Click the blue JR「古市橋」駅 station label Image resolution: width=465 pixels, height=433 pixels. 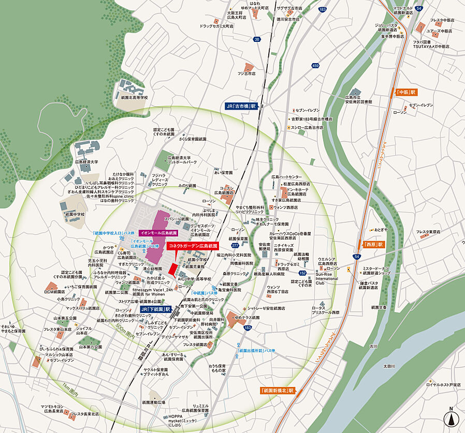pyautogui.click(x=241, y=106)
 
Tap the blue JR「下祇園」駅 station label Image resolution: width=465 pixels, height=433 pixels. pyautogui.click(x=155, y=309)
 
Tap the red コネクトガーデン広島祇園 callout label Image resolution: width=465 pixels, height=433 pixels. pyautogui.click(x=193, y=246)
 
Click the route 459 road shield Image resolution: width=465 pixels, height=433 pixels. pyautogui.click(x=316, y=66)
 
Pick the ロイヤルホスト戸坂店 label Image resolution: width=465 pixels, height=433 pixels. pyautogui.click(x=443, y=385)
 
